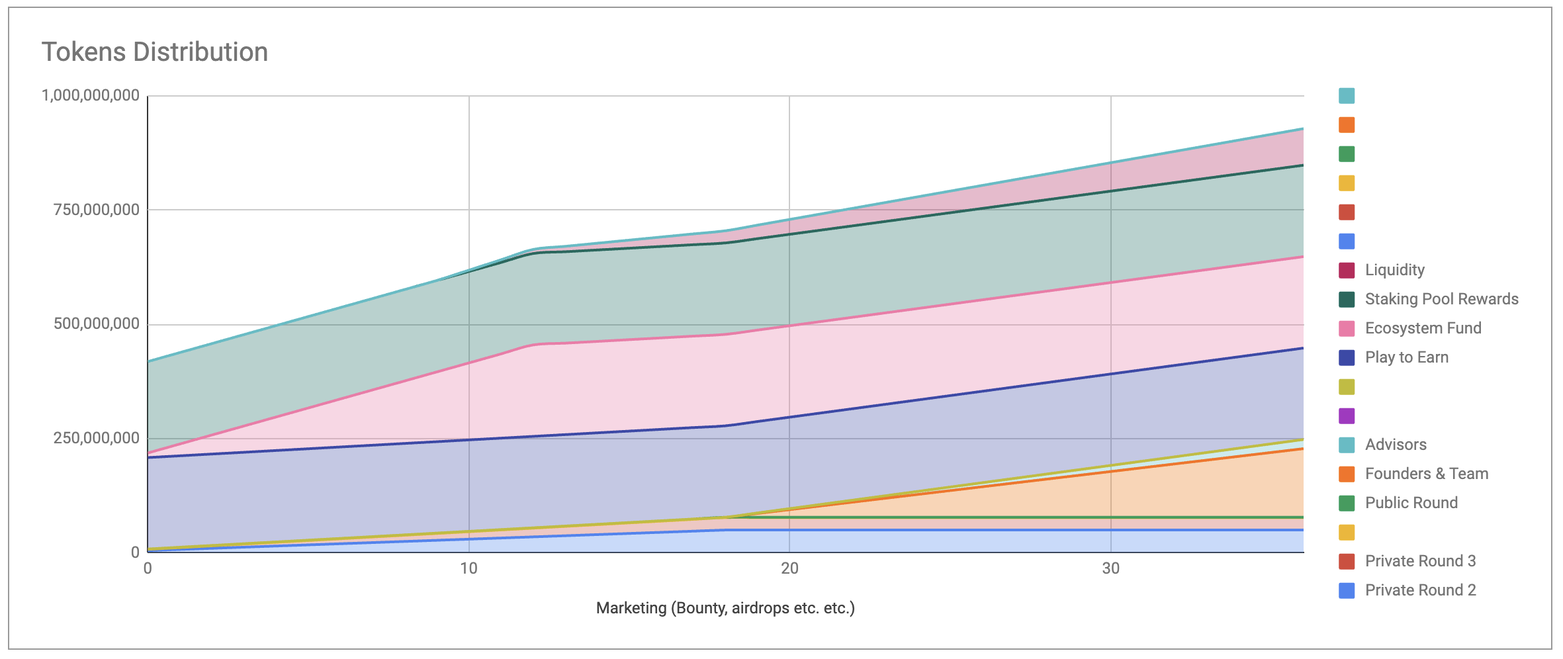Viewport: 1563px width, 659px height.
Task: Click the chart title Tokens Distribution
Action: (155, 52)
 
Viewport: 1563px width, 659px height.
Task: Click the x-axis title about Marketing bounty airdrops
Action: (725, 608)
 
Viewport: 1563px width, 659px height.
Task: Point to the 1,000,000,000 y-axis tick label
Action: (91, 95)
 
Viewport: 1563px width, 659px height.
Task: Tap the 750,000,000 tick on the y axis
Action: (97, 210)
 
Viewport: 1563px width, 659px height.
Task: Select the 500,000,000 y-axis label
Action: (97, 324)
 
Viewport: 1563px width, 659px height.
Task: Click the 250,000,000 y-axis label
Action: (97, 438)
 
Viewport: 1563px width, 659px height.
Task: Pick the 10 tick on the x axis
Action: (469, 568)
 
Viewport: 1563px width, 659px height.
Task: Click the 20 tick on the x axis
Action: (789, 568)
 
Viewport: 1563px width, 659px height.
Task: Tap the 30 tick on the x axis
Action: (1110, 568)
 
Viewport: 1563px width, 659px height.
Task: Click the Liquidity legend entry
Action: (1394, 270)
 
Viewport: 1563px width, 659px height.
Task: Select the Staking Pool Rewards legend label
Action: (1441, 299)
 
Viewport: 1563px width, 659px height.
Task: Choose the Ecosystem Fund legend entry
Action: (1423, 328)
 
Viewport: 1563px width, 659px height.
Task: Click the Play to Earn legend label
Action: (1406, 357)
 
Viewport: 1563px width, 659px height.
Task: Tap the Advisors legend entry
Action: (1395, 445)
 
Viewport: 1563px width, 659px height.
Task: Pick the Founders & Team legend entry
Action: (1426, 474)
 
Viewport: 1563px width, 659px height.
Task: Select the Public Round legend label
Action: (1411, 503)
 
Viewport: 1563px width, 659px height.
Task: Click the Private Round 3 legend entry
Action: (1420, 561)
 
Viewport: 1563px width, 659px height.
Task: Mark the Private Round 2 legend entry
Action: (1420, 590)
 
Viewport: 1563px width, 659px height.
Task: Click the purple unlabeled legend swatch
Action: (1347, 416)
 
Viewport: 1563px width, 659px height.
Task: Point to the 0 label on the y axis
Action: (135, 552)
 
